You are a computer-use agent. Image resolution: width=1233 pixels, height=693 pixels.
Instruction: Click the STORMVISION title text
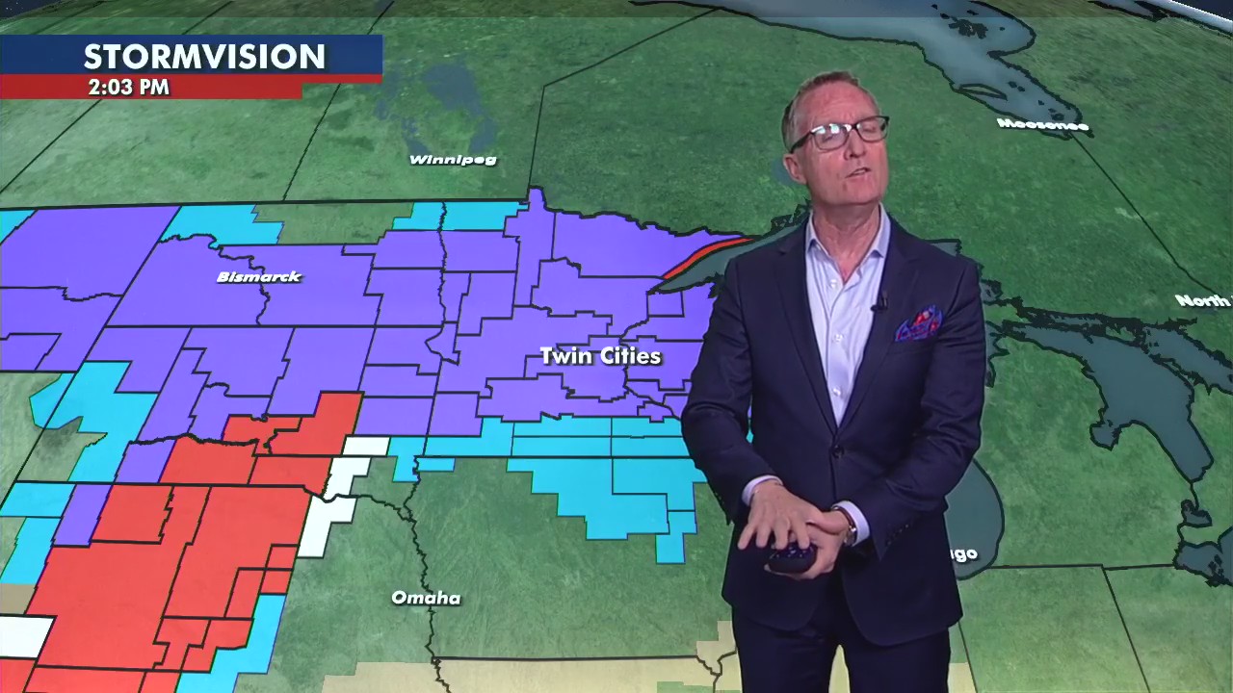(x=204, y=57)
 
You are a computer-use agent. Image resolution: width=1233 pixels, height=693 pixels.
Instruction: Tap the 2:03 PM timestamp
(x=128, y=88)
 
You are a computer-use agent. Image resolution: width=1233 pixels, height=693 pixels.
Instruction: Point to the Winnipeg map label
(x=453, y=160)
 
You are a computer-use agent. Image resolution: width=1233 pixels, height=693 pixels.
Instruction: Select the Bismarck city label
(x=259, y=277)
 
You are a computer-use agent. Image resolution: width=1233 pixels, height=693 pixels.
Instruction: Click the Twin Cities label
(x=600, y=356)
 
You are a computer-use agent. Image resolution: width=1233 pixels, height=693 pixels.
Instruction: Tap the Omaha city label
(x=426, y=599)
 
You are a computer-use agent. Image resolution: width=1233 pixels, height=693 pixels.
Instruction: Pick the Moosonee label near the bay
(x=1042, y=125)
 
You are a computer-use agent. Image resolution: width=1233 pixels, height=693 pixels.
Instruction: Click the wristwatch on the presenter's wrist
(x=849, y=526)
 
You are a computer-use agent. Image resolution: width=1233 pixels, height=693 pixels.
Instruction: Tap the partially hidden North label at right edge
(x=1203, y=301)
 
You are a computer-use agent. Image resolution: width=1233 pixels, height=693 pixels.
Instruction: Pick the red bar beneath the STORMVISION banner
(x=151, y=88)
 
